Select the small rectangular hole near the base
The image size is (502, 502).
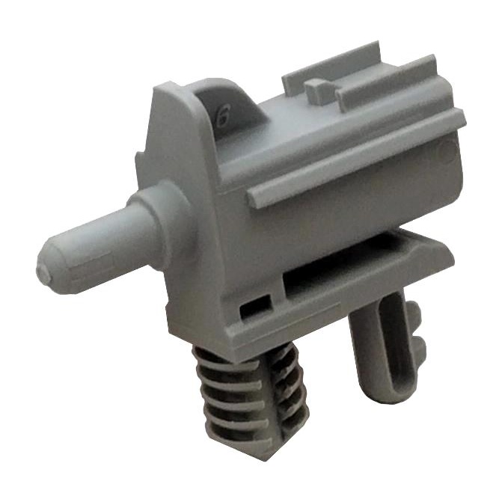(254, 305)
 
